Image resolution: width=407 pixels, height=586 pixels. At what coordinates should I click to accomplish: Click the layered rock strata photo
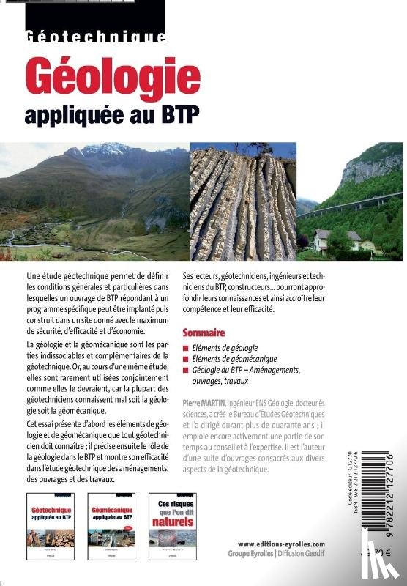[x=242, y=204]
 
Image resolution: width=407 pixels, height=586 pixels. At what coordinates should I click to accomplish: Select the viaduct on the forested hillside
[x=351, y=203]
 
